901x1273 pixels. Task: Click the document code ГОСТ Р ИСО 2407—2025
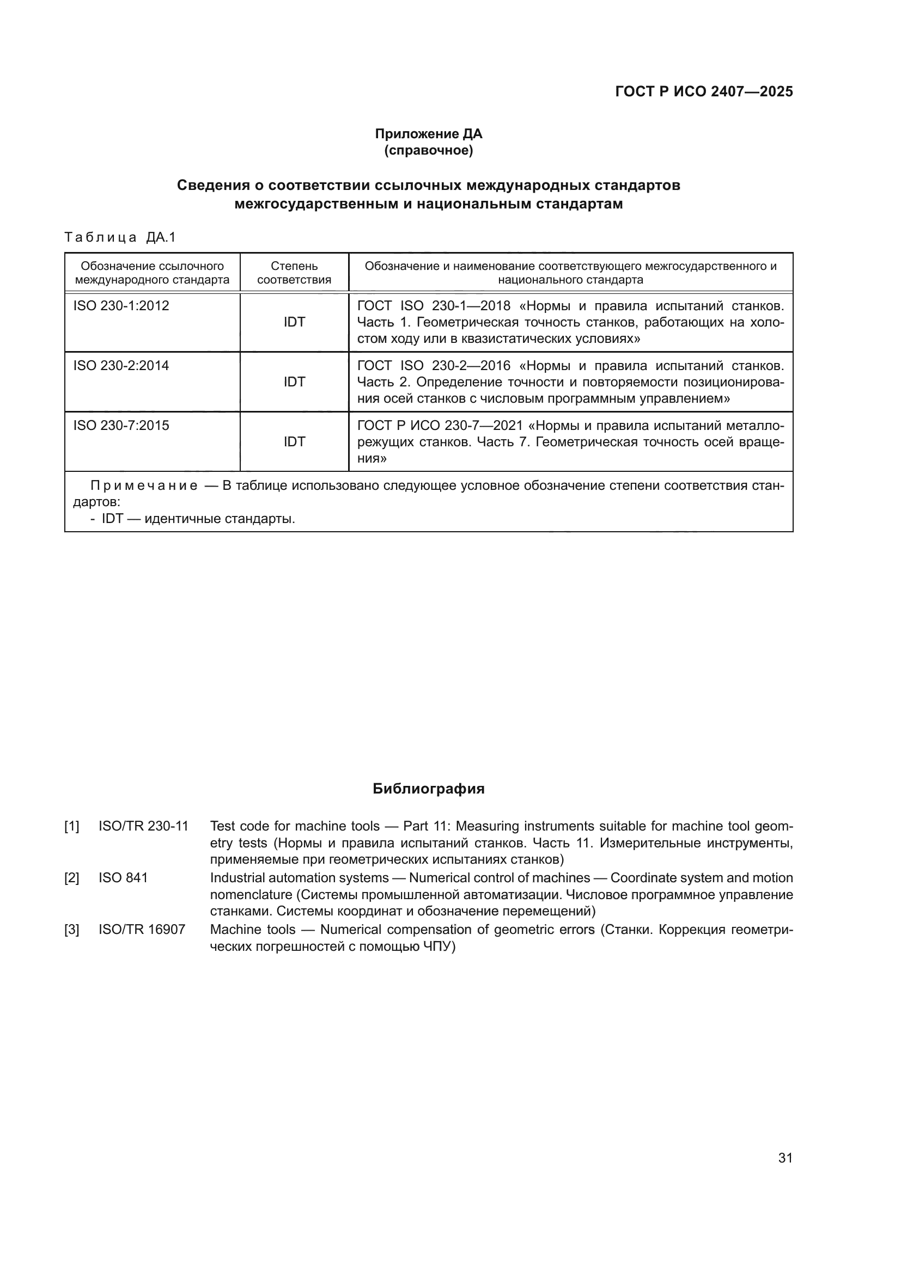pyautogui.click(x=703, y=91)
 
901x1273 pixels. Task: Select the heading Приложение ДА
pyautogui.click(x=428, y=134)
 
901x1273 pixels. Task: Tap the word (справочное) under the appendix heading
pyautogui.click(x=428, y=150)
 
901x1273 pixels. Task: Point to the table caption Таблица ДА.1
pyautogui.click(x=120, y=237)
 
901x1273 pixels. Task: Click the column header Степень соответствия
pyautogui.click(x=294, y=273)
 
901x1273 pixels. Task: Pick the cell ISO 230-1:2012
pyautogui.click(x=121, y=305)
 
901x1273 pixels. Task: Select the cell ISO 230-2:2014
pyautogui.click(x=121, y=365)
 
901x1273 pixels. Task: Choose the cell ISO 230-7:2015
pyautogui.click(x=121, y=425)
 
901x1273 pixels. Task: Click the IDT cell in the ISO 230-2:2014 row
pyautogui.click(x=294, y=382)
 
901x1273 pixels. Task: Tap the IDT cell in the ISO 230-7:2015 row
pyautogui.click(x=294, y=441)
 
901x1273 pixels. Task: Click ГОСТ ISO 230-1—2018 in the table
pyautogui.click(x=433, y=306)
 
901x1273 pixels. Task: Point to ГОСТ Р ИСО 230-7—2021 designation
pyautogui.click(x=440, y=425)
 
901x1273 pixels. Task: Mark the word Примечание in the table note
pyautogui.click(x=144, y=485)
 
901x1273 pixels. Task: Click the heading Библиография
pyautogui.click(x=428, y=789)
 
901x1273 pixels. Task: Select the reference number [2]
pyautogui.click(x=71, y=878)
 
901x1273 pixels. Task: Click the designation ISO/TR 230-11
pyautogui.click(x=143, y=826)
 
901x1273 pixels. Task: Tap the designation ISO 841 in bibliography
pyautogui.click(x=123, y=878)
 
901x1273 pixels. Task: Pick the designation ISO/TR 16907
pyautogui.click(x=142, y=929)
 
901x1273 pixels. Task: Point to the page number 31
pyautogui.click(x=785, y=1158)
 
